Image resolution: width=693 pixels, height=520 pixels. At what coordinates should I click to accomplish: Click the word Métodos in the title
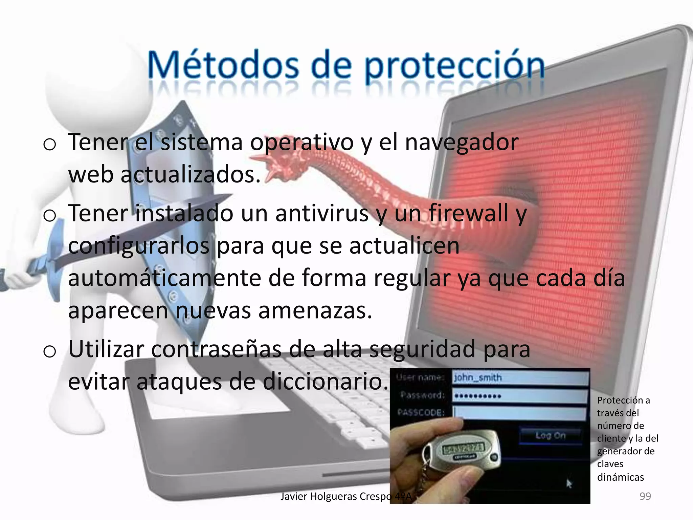[223, 65]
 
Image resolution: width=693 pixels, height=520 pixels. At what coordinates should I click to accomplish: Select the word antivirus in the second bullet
[321, 214]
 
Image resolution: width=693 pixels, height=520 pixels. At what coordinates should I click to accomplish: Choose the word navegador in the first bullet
[462, 143]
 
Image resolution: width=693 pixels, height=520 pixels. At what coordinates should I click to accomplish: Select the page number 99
[645, 496]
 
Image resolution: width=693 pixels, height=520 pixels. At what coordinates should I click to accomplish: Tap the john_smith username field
[520, 377]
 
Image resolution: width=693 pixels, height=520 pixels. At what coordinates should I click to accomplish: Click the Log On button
[550, 435]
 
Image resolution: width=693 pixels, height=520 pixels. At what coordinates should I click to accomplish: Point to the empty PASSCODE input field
[520, 413]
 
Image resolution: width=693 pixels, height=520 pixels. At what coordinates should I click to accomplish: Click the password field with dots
[520, 396]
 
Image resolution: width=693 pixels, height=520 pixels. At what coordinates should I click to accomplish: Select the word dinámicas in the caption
[620, 477]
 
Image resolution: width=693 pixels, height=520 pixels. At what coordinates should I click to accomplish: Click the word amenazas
[315, 311]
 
